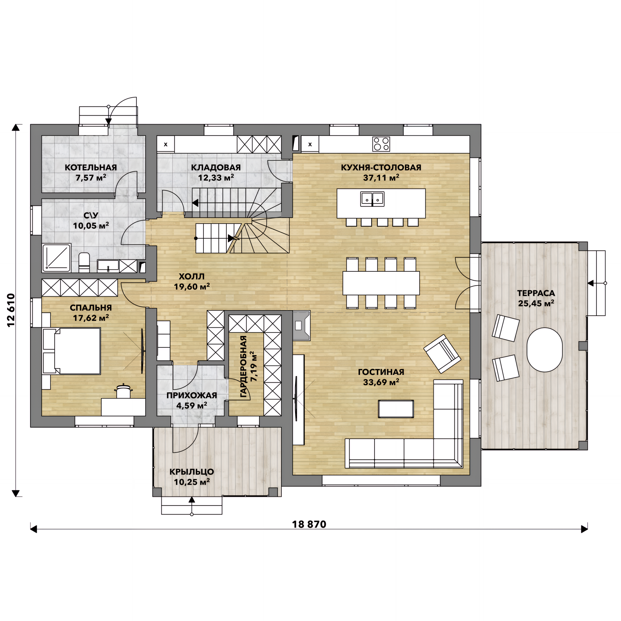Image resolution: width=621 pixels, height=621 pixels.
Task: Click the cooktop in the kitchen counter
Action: [x=381, y=144]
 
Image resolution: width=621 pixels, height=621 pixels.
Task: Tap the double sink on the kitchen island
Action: [x=372, y=199]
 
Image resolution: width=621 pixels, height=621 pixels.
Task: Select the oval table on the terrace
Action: [x=544, y=350]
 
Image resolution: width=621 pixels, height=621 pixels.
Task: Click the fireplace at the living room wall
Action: [x=301, y=325]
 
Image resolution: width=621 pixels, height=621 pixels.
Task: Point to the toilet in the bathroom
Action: [x=84, y=262]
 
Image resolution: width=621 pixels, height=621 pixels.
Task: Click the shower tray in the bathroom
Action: [x=57, y=258]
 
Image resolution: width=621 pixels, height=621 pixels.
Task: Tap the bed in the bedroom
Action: [x=71, y=351]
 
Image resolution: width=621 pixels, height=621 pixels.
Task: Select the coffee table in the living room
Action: [x=396, y=409]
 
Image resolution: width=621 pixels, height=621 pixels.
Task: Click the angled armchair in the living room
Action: [x=442, y=354]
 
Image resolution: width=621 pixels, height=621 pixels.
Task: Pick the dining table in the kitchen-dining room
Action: [x=381, y=283]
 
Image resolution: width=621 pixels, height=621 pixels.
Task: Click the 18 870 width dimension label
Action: [x=309, y=524]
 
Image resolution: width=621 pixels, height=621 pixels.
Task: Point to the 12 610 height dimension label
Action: [x=11, y=310]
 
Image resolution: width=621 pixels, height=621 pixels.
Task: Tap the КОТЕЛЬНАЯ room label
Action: [x=91, y=167]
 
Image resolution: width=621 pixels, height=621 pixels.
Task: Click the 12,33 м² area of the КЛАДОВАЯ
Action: [x=216, y=178]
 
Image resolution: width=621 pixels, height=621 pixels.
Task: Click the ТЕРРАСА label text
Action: [x=536, y=293]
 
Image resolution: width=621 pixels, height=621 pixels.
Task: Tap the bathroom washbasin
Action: [x=108, y=266]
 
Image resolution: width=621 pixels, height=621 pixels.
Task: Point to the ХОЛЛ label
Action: [x=192, y=276]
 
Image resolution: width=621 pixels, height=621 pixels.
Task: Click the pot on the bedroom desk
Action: [x=123, y=391]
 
